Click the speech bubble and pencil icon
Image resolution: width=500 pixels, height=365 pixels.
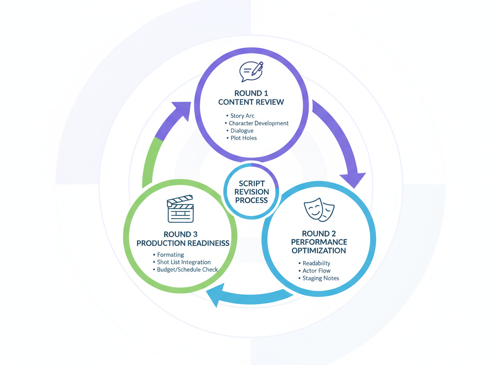coord(251,71)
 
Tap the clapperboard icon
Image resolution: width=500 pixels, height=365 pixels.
coord(180,209)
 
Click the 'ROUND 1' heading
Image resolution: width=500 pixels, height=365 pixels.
coord(251,93)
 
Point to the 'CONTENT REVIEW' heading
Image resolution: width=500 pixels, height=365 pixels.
coord(251,102)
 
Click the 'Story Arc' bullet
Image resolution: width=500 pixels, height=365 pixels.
coord(242,116)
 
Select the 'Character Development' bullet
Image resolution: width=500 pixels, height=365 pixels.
coord(258,123)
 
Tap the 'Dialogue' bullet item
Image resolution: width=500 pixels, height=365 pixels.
coord(242,131)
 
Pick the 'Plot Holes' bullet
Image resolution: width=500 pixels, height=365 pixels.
coord(243,138)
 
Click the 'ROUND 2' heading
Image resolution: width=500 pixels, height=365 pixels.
coord(319,234)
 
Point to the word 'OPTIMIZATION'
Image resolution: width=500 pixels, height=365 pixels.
coord(319,251)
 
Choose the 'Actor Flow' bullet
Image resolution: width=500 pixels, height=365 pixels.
coord(316,271)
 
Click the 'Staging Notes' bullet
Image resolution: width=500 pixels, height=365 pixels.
coord(321,278)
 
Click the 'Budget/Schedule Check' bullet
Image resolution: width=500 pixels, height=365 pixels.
coord(187,270)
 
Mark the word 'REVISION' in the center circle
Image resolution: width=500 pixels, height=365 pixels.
coord(251,192)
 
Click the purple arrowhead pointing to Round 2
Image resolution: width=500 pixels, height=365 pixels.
coord(353,179)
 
